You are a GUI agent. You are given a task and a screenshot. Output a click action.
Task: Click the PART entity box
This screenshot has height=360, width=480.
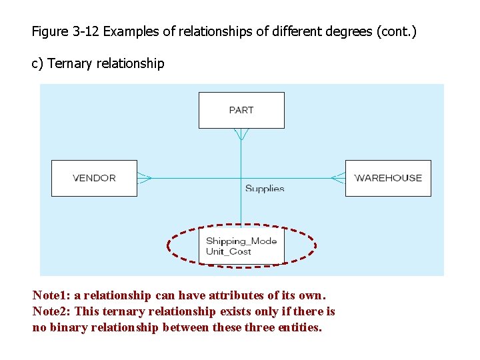coord(241,110)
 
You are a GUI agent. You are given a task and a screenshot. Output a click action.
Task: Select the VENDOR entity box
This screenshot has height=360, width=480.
coord(94,178)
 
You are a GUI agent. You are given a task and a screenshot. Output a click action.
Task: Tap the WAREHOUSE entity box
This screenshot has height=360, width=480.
coord(388,178)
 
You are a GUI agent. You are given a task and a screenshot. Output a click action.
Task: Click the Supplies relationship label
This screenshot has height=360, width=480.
coord(265,189)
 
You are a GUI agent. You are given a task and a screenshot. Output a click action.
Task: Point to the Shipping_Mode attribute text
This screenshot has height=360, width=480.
coord(241,241)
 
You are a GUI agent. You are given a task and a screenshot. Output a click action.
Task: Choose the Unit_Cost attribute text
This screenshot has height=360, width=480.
coord(229,251)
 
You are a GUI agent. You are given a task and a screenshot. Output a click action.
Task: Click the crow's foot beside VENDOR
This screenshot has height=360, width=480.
coord(145,178)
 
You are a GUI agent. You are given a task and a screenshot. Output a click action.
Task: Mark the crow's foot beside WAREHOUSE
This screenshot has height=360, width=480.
coord(338,178)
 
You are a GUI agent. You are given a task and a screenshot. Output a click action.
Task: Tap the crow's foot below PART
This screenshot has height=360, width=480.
coord(241,135)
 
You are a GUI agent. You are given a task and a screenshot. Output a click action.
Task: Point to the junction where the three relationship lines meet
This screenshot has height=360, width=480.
coord(241,178)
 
